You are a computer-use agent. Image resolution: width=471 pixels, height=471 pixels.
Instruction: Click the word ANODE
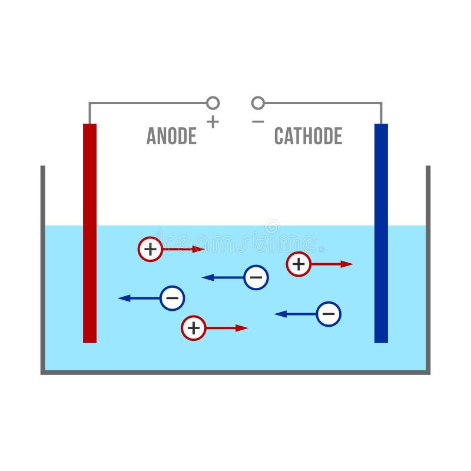click(x=171, y=136)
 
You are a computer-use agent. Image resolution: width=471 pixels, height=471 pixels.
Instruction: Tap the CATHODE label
click(x=308, y=136)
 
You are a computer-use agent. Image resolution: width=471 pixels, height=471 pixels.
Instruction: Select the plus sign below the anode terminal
click(x=213, y=122)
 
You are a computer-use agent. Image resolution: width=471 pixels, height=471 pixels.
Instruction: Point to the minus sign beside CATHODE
click(x=258, y=121)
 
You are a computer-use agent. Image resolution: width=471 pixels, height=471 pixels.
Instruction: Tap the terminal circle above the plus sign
click(x=213, y=103)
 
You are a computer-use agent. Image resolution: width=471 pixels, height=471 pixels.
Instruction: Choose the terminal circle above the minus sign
click(x=258, y=103)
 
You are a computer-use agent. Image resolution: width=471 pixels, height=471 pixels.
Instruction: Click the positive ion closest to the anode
click(x=150, y=249)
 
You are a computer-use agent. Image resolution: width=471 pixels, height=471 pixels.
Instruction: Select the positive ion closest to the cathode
click(x=298, y=264)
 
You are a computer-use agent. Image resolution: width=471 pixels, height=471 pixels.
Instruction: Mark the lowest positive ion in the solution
click(x=194, y=328)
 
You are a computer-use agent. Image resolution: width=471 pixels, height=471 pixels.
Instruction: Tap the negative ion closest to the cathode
click(x=329, y=314)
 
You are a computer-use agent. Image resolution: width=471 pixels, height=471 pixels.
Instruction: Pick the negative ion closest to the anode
click(x=172, y=298)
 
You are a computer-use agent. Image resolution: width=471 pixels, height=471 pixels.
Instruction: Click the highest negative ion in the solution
click(x=256, y=277)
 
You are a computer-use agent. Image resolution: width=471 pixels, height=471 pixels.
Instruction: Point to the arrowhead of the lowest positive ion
click(x=242, y=328)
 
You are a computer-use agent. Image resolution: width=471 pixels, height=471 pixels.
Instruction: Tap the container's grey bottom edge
click(x=235, y=372)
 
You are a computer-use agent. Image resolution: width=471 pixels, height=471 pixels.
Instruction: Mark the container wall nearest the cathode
click(x=428, y=265)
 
